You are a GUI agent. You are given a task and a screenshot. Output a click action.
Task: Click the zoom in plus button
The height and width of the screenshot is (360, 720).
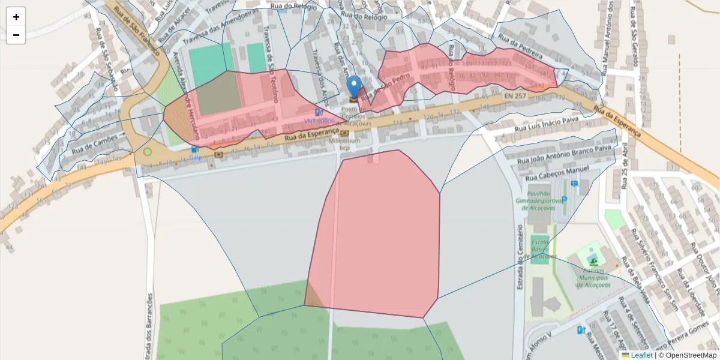pos(16,17)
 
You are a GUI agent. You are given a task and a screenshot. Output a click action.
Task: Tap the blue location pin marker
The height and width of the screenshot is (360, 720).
pos(355,86)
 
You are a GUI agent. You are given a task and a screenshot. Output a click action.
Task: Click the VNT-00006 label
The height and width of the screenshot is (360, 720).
pos(319,121)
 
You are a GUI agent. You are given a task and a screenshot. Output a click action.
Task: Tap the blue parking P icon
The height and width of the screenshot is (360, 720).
pos(564,199)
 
